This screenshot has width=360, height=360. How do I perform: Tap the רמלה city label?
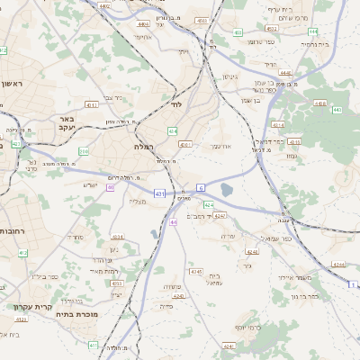[x=145, y=147]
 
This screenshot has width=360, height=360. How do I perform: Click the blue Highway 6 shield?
[x=202, y=187]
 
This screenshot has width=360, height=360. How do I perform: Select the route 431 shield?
[x=159, y=193]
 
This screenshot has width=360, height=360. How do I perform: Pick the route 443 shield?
[x=337, y=110]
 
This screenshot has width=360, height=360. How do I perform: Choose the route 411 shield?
[x=93, y=345]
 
